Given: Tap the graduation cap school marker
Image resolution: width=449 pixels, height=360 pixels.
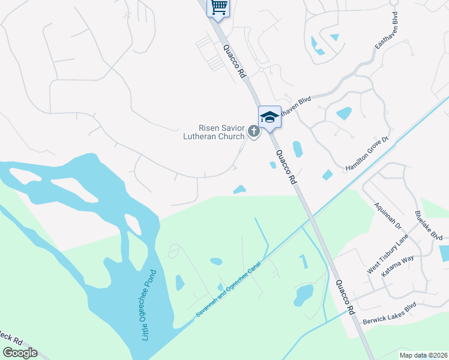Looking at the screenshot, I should [270, 116].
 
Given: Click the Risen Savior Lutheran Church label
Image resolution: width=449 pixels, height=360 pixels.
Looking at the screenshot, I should [214, 132].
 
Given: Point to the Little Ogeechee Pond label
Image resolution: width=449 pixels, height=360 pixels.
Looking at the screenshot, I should [148, 305].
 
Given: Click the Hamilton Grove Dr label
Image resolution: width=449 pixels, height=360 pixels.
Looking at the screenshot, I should [367, 153].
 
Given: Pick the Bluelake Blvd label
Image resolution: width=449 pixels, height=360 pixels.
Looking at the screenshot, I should [428, 226].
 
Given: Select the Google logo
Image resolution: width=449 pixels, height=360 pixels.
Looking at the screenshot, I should [19, 353].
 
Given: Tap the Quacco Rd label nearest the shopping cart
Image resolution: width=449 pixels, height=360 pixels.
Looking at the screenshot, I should [235, 62].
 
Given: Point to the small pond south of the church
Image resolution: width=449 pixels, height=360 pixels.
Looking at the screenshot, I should [240, 190].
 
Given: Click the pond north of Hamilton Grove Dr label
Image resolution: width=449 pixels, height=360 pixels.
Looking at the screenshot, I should [344, 113].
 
